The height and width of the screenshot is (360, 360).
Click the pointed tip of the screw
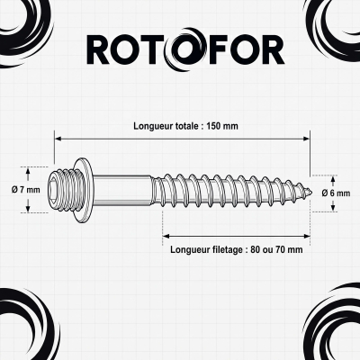click(312, 192)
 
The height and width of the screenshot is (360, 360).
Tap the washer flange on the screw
click(84, 190)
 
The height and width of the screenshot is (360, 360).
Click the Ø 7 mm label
click(26, 190)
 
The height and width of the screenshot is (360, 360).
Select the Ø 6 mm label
click(336, 193)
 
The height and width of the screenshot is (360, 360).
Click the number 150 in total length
click(215, 126)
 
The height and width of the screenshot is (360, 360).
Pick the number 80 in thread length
click(255, 249)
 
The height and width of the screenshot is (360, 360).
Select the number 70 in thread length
click(281, 249)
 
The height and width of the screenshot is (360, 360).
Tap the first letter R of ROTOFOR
click(98, 50)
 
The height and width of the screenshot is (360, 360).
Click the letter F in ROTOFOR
click(217, 50)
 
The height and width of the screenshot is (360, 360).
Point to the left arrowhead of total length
click(58, 139)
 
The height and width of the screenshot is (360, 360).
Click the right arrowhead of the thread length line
click(306, 237)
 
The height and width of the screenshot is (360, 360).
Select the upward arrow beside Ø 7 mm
click(28, 175)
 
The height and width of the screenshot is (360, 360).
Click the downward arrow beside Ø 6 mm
click(333, 205)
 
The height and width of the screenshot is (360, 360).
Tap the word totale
click(186, 126)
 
